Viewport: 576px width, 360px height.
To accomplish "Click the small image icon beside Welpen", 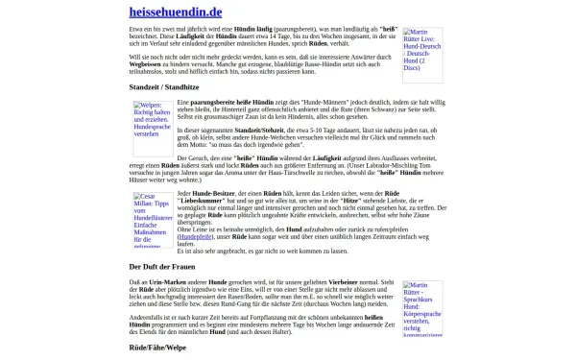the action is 137,106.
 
